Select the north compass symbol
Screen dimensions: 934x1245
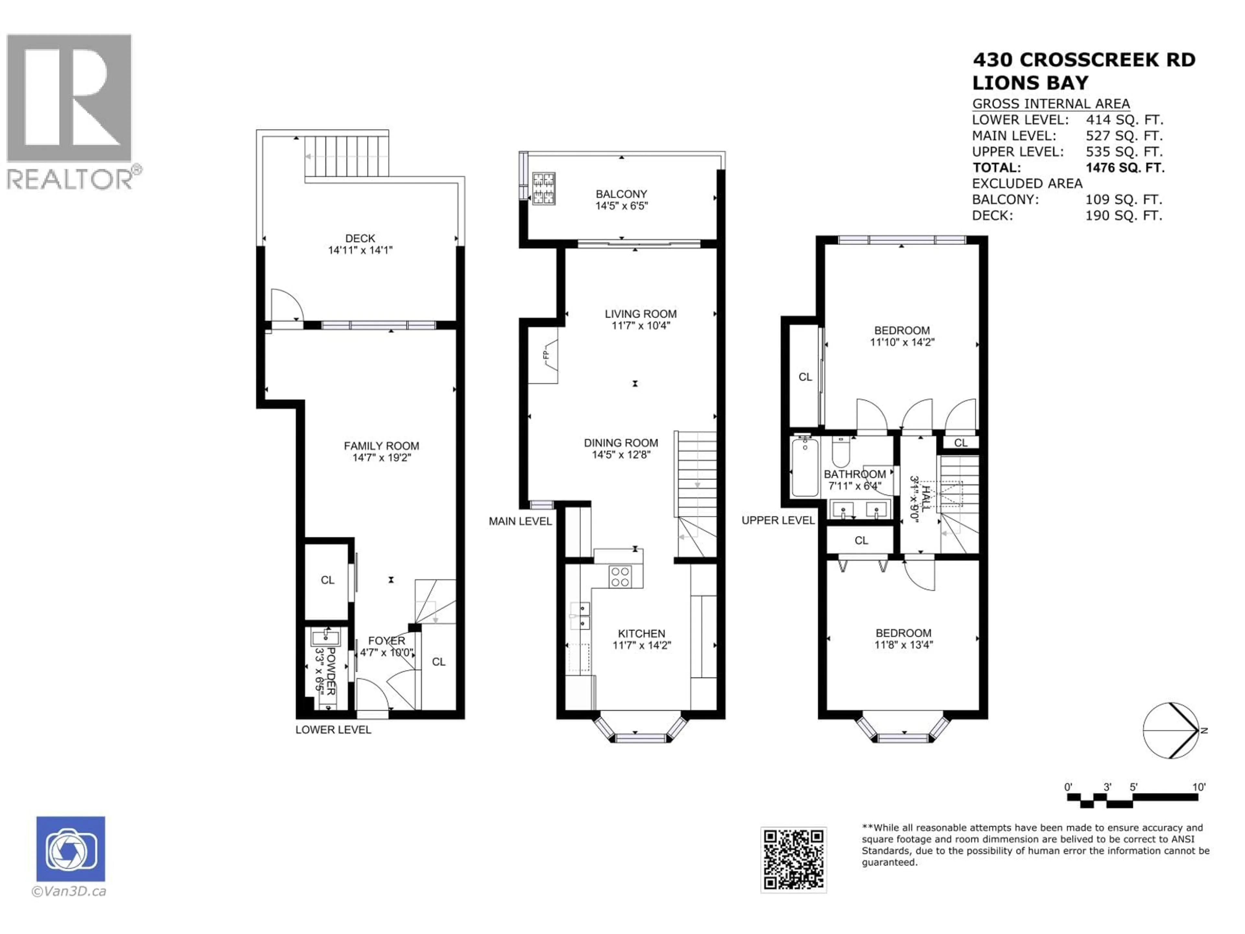1171,730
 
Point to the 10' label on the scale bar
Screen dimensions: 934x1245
1199,787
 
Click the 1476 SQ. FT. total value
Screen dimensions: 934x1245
1124,168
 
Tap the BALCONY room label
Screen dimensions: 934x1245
622,194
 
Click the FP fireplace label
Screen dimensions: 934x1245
545,355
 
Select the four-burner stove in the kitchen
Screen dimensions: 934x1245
620,576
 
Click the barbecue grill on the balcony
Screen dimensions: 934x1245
544,188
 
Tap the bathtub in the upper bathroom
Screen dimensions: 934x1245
805,467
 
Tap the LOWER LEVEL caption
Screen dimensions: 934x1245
333,730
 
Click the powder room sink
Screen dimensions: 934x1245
325,638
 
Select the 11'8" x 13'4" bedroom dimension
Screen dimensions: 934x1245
903,645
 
